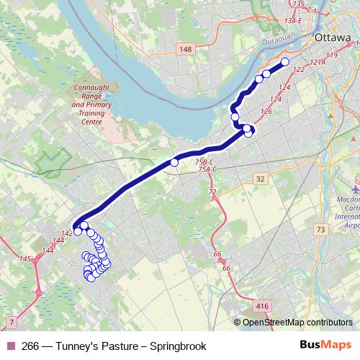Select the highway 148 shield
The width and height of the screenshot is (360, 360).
coord(187,48)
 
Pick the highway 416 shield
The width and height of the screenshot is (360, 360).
coord(262,306)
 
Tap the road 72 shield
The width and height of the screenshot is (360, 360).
coord(212,192)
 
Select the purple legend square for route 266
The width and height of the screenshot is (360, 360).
coord(11,346)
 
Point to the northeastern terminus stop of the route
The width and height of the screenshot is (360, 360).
coord(284,63)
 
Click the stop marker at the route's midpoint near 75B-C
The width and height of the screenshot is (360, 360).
coord(174,163)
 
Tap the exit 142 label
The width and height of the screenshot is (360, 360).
coord(66,233)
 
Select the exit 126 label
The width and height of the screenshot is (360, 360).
coord(266,112)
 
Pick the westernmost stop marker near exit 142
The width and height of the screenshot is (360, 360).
coord(78,231)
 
